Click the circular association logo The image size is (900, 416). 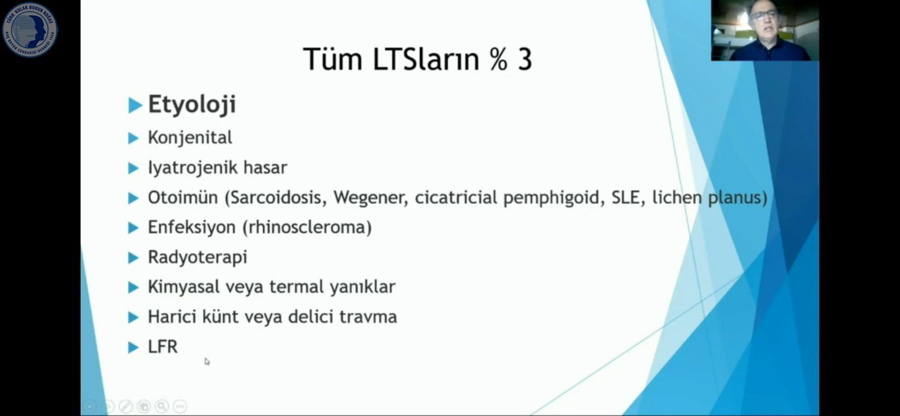30,30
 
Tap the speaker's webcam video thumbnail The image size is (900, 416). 765,30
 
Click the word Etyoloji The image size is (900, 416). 192,105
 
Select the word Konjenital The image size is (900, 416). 190,137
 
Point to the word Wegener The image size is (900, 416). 371,198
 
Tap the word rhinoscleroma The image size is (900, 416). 307,227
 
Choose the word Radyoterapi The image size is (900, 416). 197,257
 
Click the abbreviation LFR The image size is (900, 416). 163,347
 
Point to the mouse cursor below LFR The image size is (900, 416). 207,362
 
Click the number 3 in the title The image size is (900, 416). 525,60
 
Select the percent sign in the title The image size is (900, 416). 498,60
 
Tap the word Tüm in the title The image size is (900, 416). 332,59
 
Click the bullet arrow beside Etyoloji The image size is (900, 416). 136,105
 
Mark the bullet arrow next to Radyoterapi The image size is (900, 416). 133,258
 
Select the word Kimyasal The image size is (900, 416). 183,287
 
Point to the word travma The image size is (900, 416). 368,317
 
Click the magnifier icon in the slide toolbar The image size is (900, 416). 162,406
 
